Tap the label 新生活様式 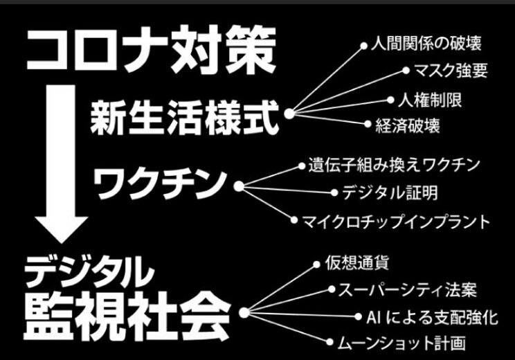(x=184, y=117)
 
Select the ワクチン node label (x=161, y=183)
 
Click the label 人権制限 (x=428, y=98)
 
